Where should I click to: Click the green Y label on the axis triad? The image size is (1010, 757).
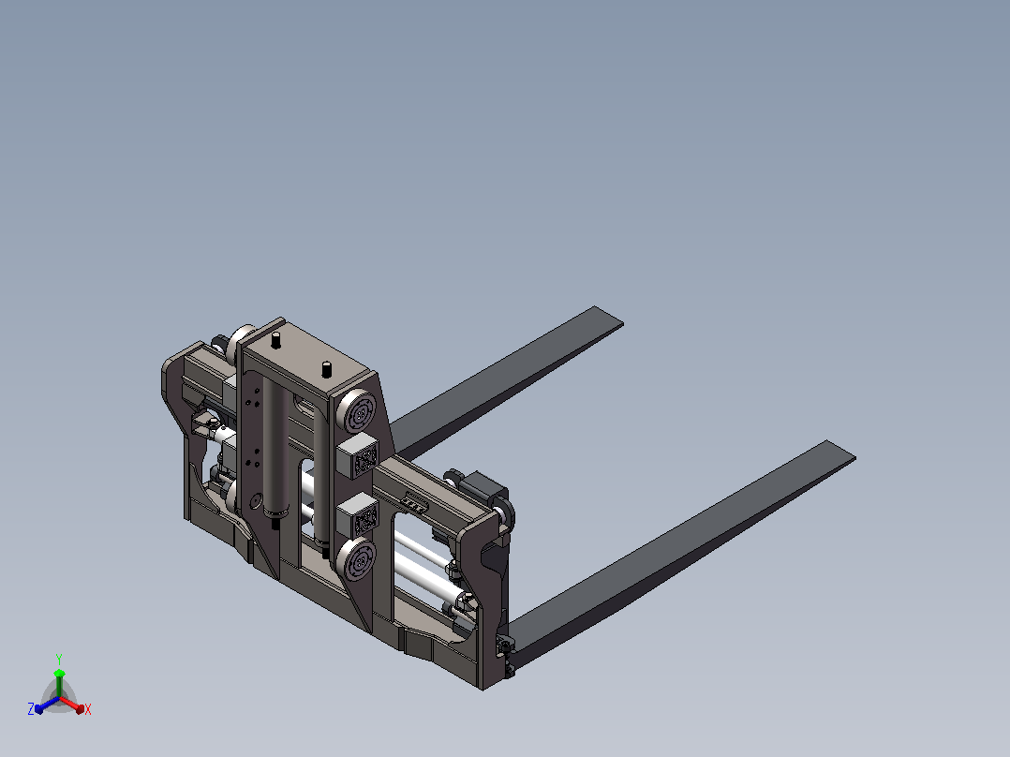pos(59,659)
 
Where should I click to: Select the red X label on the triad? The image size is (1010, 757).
pos(88,709)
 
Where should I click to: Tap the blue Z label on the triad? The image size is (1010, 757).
pos(31,708)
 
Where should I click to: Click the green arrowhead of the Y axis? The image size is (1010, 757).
pos(59,674)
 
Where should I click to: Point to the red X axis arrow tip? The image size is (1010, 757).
pos(80,709)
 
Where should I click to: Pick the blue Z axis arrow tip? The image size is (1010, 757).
pos(38,708)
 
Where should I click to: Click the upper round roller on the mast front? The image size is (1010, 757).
pos(357,411)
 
